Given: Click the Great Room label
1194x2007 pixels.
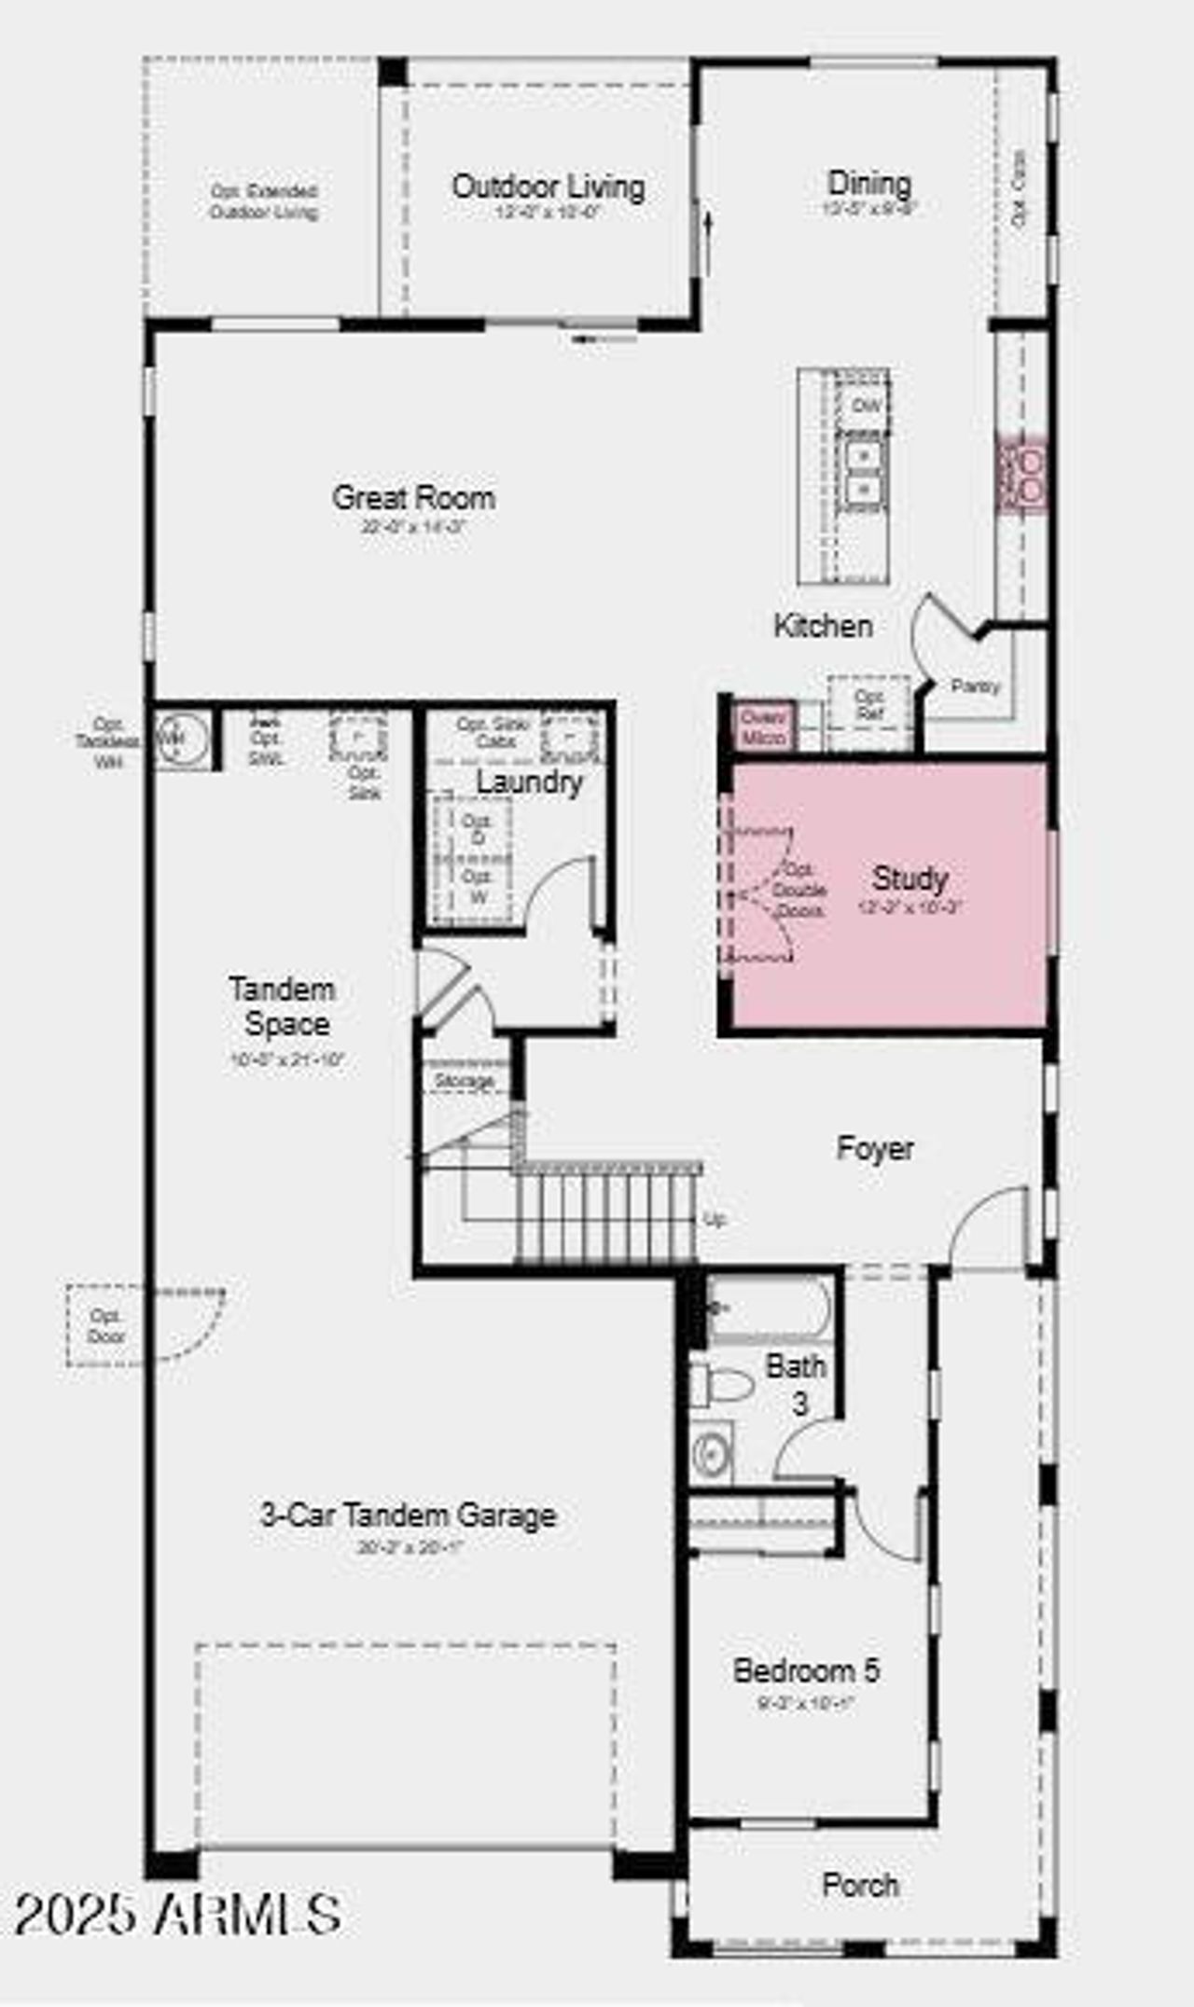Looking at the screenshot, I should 413,498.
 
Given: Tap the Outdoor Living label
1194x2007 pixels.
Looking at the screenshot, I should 548,187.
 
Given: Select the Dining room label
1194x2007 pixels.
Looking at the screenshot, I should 869,184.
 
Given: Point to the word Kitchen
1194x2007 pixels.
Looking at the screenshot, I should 823,626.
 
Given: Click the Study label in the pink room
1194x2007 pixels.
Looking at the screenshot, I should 909,879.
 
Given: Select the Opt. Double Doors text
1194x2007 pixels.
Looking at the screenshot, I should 798,891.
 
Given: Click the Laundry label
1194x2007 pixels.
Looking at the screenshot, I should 529,782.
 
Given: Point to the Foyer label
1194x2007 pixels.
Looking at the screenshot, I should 874,1148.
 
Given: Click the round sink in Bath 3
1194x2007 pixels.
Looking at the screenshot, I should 712,1453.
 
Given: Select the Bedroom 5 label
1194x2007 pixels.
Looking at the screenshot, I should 806,1670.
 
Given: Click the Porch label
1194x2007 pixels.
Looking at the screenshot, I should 860,1885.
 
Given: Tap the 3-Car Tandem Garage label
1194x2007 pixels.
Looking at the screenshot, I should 408,1516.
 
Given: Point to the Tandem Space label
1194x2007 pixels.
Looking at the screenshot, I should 283,1006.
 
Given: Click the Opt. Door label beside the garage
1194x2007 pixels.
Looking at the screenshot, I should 105,1325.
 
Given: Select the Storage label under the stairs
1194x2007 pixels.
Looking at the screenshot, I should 465,1081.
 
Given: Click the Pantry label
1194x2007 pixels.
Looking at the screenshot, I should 975,686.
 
